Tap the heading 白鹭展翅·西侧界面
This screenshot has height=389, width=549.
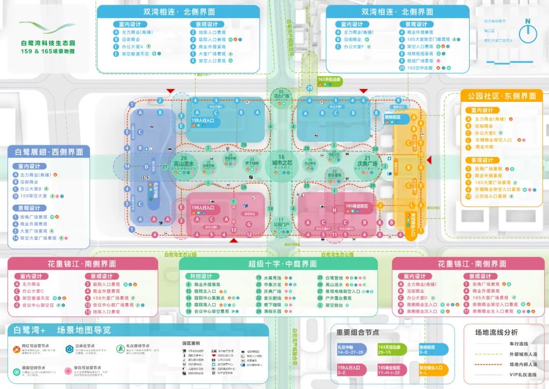48,152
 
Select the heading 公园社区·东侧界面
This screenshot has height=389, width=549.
498,96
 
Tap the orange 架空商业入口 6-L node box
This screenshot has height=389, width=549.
433,370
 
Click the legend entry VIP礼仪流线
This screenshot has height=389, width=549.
523,374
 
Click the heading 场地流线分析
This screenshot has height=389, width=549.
496,332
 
